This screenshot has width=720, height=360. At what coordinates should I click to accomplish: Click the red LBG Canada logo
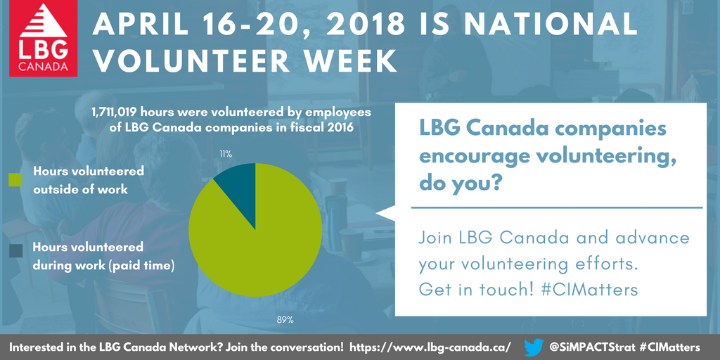click(x=43, y=39)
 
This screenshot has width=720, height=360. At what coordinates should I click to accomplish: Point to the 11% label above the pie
click(x=226, y=154)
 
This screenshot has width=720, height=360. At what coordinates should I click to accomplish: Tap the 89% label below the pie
click(x=285, y=320)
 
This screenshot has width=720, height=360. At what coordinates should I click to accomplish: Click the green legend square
click(x=15, y=180)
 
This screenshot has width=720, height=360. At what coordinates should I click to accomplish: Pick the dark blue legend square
click(x=15, y=251)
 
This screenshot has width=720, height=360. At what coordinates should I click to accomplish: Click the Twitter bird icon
click(x=534, y=347)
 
